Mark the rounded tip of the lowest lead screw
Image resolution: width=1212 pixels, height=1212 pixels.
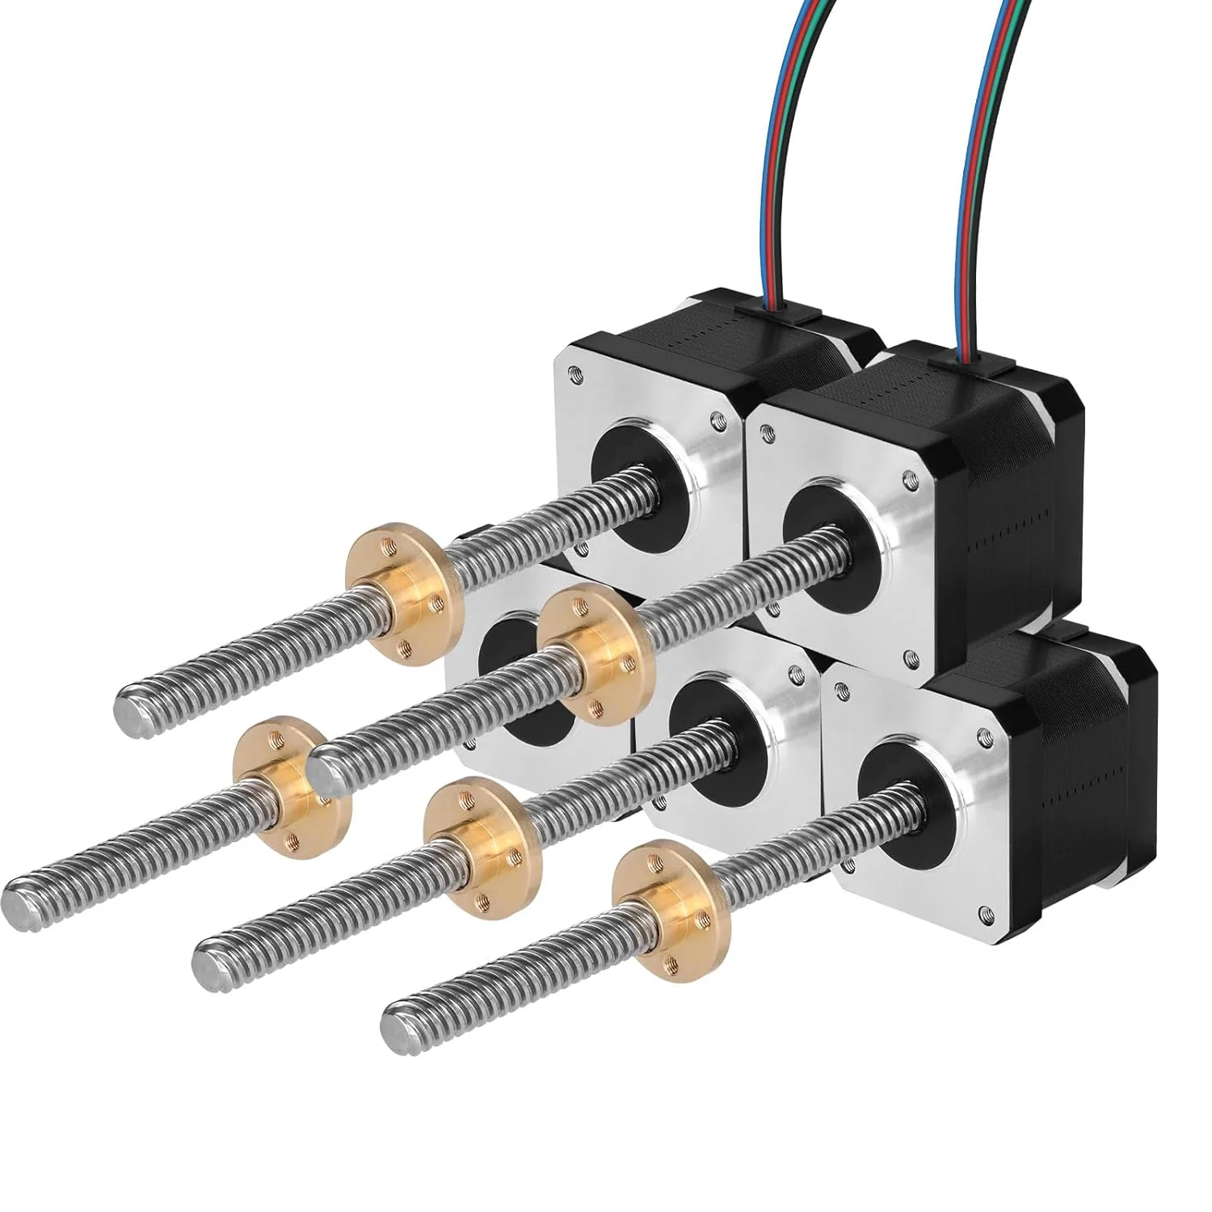[396, 1027]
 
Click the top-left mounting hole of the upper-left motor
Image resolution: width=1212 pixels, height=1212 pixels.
[574, 372]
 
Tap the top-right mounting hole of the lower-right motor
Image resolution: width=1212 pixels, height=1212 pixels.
[983, 738]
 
